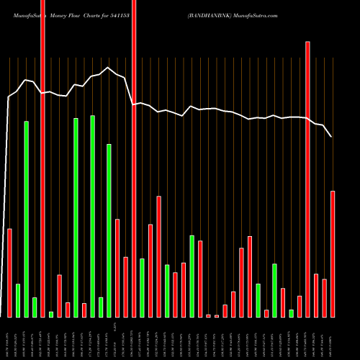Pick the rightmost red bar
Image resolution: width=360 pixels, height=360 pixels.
(x=333, y=253)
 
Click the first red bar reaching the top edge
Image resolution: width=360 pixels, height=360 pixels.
(x=42, y=158)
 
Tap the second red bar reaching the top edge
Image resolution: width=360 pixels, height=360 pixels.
(x=134, y=158)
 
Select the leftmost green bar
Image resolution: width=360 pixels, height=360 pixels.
(x=18, y=300)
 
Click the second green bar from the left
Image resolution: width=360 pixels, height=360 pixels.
(x=26, y=219)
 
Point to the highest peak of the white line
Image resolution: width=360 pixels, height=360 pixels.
(x=108, y=68)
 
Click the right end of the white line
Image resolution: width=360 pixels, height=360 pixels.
(x=332, y=136)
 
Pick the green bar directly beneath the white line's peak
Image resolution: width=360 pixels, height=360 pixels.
(x=109, y=230)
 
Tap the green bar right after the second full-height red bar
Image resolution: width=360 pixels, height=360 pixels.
(x=142, y=287)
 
